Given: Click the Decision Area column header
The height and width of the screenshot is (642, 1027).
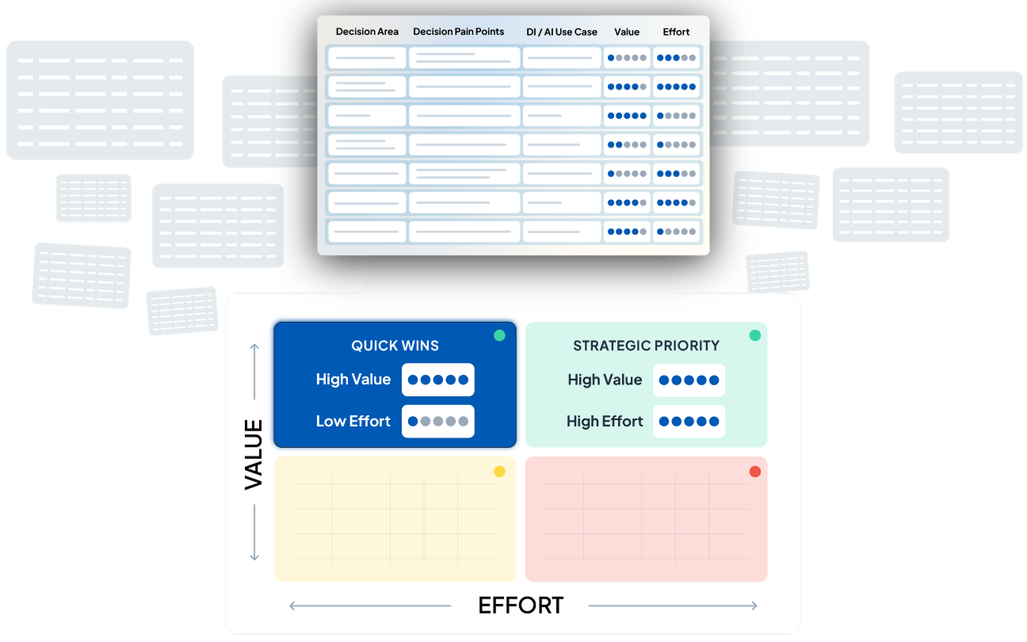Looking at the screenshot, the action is pyautogui.click(x=367, y=32).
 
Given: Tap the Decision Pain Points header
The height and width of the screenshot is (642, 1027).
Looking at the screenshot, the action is pyautogui.click(x=459, y=32).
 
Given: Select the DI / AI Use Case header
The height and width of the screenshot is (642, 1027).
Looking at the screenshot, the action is pyautogui.click(x=562, y=32).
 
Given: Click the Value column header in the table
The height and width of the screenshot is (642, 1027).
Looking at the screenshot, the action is pyautogui.click(x=627, y=32).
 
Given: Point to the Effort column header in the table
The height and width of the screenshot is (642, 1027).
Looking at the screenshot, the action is pyautogui.click(x=676, y=32).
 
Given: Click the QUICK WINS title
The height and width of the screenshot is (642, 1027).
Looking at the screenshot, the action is pyautogui.click(x=395, y=346).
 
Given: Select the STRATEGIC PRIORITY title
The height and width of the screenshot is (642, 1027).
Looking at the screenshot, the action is pyautogui.click(x=646, y=346).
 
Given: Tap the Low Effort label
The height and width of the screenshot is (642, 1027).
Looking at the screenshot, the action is pyautogui.click(x=353, y=421).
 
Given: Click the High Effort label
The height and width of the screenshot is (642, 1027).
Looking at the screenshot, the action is pyautogui.click(x=605, y=421).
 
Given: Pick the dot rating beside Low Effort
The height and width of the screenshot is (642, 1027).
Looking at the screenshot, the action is pyautogui.click(x=438, y=421).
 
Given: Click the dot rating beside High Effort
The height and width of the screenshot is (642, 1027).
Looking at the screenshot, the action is pyautogui.click(x=689, y=421).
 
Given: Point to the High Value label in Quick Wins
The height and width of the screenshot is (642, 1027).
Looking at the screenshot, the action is pyautogui.click(x=353, y=379).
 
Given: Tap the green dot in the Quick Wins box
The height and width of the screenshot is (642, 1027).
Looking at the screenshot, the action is pyautogui.click(x=499, y=336).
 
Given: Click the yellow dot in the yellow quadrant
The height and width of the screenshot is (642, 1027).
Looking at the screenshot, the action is pyautogui.click(x=499, y=472).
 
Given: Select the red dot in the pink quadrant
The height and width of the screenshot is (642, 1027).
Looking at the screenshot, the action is pyautogui.click(x=754, y=472).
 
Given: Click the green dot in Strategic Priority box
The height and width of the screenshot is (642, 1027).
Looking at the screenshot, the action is pyautogui.click(x=754, y=336).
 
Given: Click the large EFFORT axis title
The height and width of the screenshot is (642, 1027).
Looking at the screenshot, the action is pyautogui.click(x=521, y=606).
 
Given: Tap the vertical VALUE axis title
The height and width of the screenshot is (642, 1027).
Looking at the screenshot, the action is pyautogui.click(x=254, y=454).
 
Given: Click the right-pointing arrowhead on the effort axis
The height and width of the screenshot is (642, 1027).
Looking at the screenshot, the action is pyautogui.click(x=754, y=606).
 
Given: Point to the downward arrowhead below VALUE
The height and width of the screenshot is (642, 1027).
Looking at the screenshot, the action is pyautogui.click(x=254, y=557).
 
